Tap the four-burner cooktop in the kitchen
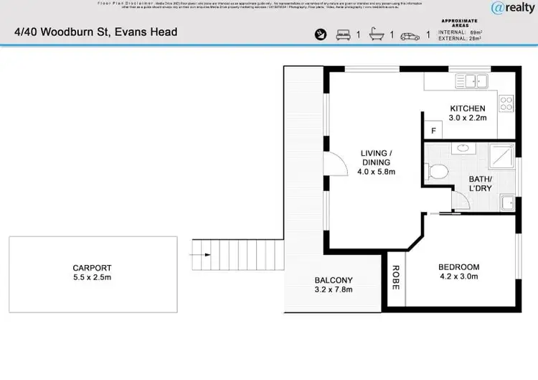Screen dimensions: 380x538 point(506,104)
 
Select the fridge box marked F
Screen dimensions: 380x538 point(433,131)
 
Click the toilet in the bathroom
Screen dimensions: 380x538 point(436,172)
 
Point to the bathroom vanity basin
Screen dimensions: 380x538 point(463,148)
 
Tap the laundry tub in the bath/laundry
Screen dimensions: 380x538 point(507,203)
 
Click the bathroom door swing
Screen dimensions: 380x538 point(460,200)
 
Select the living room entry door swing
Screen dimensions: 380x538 point(333,166)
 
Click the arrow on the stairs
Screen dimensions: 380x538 point(202,254)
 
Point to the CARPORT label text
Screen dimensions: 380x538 point(93,269)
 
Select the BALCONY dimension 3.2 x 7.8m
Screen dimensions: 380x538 point(334,291)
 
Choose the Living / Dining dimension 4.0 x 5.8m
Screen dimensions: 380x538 point(376,172)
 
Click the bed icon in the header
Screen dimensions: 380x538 point(343,34)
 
